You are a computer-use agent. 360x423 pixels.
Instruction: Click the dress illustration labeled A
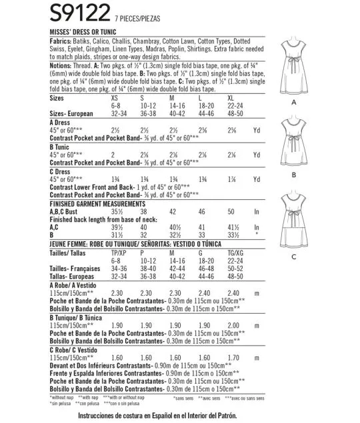293,60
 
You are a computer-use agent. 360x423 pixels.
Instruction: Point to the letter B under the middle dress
293,175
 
